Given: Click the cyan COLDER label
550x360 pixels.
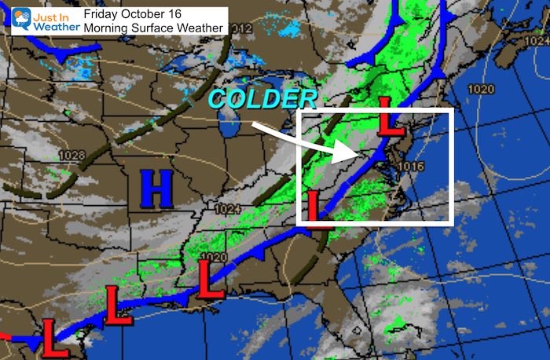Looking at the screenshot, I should (x=262, y=100).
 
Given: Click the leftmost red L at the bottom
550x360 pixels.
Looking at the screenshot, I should (x=53, y=336).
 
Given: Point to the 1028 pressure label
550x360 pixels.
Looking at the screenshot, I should (x=70, y=156).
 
